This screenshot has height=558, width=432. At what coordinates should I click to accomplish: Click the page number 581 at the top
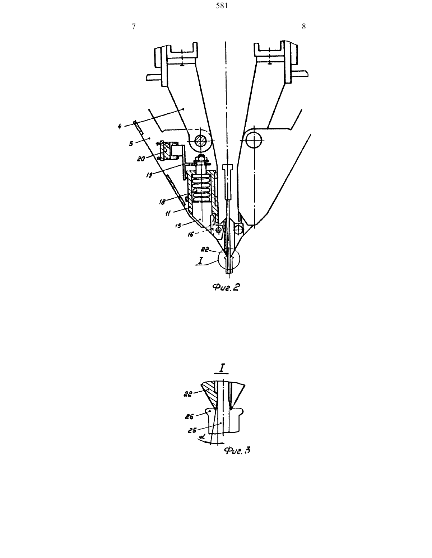coord(222,6)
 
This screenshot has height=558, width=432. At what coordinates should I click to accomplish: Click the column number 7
coord(134,27)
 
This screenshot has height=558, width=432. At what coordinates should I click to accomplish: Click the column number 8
coord(304,27)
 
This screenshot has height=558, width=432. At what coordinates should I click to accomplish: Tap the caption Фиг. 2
coord(226,287)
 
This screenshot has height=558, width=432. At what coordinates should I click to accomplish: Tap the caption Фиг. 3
coord(237,450)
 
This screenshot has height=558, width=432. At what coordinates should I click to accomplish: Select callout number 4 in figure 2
coord(120,127)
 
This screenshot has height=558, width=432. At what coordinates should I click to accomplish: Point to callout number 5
coord(131,144)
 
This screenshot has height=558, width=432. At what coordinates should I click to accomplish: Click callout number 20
coord(141,159)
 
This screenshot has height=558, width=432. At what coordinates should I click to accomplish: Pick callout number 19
coord(149,175)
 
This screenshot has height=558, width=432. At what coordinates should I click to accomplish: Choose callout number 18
coord(162,202)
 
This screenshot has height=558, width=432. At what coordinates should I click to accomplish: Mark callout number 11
coord(168,213)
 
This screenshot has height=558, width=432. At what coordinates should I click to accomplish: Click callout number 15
coord(178,226)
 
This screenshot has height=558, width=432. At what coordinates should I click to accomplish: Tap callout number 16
coord(191,235)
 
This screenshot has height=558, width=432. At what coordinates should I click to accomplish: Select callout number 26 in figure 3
coord(189,416)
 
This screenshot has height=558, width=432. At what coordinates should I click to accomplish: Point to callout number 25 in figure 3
coord(192,430)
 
